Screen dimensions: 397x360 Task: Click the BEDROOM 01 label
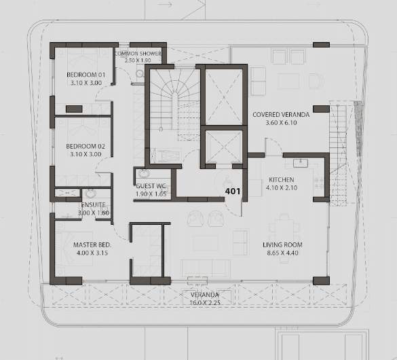click(x=86, y=75)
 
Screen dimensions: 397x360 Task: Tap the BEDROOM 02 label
click(x=86, y=146)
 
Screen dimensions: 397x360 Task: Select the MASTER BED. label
click(x=92, y=245)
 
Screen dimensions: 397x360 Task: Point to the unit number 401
click(x=233, y=192)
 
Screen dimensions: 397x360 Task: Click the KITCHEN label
click(x=282, y=179)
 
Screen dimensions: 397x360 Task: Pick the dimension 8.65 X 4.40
click(x=282, y=253)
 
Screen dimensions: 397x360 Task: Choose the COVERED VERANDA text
click(x=281, y=115)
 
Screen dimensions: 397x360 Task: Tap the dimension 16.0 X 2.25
click(x=205, y=302)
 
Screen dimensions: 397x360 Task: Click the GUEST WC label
click(x=151, y=186)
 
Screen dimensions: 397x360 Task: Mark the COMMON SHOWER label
click(x=138, y=54)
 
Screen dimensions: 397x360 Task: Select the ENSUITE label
click(x=94, y=204)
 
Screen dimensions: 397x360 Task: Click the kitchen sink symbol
click(x=301, y=163)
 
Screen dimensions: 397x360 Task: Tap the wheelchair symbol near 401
click(x=226, y=181)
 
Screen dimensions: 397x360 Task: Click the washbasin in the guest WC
click(x=144, y=174)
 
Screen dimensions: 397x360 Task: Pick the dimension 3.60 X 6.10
click(x=281, y=123)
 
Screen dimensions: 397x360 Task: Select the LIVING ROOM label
click(x=282, y=245)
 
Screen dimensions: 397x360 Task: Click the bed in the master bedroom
click(x=74, y=249)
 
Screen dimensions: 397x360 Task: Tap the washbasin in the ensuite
click(x=90, y=194)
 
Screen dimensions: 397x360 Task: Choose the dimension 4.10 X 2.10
click(x=282, y=187)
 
